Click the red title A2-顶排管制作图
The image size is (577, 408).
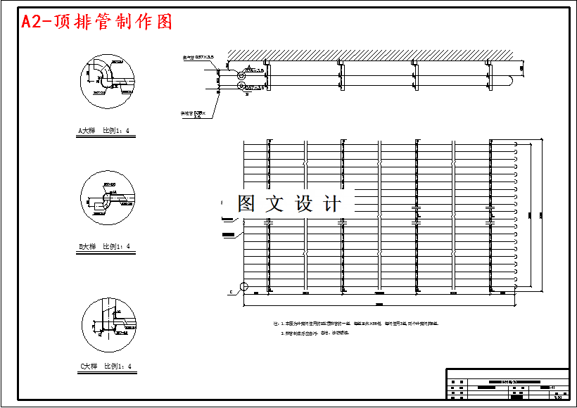coord(96,22)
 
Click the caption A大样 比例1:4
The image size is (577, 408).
coord(103,130)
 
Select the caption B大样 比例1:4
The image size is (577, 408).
coord(104,247)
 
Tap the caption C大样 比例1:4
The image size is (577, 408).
coord(105,366)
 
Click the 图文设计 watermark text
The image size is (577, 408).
coord(288,204)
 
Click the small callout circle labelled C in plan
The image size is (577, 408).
coord(243,287)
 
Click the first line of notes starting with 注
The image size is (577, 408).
coord(359,324)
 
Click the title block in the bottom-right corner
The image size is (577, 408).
coord(507,384)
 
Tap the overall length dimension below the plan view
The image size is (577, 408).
coord(380,305)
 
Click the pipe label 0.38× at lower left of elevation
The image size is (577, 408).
coord(193,114)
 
